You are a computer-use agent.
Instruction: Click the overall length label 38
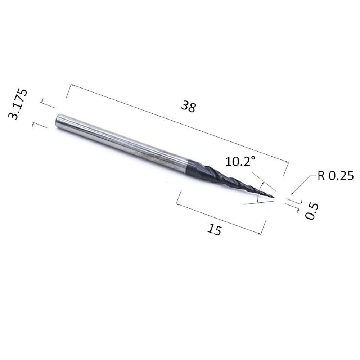pyautogui.click(x=188, y=106)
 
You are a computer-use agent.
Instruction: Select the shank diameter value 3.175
pyautogui.click(x=18, y=104)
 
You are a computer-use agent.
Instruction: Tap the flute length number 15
pyautogui.click(x=214, y=229)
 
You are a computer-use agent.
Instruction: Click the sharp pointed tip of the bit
pyautogui.click(x=274, y=197)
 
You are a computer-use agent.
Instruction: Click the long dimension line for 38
pyautogui.click(x=180, y=123)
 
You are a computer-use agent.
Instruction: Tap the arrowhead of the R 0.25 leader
pyautogui.click(x=292, y=194)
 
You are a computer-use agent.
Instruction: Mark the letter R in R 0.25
pyautogui.click(x=321, y=176)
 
